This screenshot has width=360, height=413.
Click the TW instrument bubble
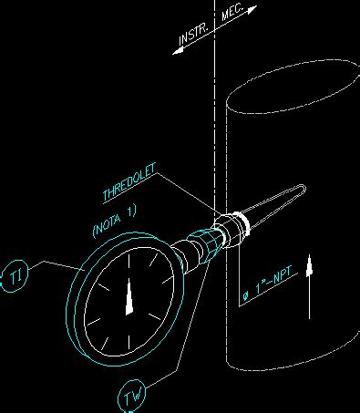(133, 396)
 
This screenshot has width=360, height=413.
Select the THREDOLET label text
(129, 182)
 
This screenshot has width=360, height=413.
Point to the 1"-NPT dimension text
(271, 287)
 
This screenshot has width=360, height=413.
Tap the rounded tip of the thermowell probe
(300, 190)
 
